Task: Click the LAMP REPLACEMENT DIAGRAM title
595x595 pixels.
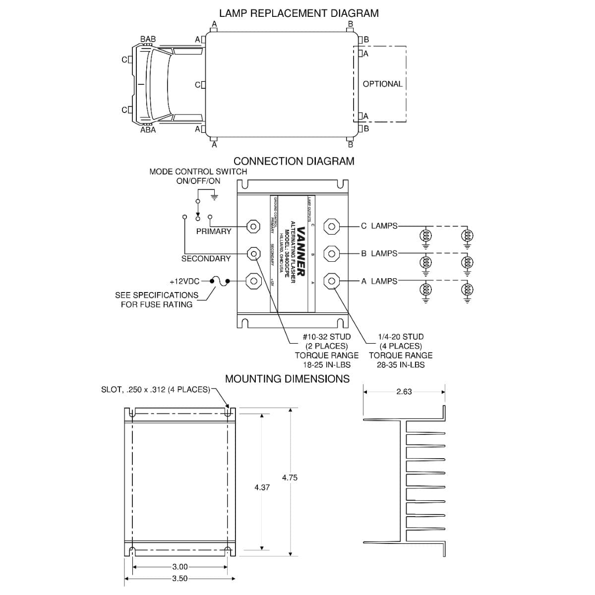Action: tap(299, 13)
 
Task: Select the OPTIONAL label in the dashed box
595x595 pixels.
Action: tap(382, 84)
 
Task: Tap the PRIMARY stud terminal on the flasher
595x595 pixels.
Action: tap(253, 226)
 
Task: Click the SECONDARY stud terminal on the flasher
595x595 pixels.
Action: tap(253, 253)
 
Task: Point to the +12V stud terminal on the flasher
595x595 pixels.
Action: tap(253, 281)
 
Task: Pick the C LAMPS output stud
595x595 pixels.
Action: tap(331, 226)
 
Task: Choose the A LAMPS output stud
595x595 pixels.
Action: tap(331, 281)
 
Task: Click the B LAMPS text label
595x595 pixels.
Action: tap(379, 253)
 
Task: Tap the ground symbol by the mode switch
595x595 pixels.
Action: tap(214, 196)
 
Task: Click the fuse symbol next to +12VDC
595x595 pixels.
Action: tap(220, 281)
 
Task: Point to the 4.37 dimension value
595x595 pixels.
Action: tap(262, 487)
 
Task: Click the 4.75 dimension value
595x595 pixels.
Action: tap(290, 478)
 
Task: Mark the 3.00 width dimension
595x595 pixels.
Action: tap(180, 567)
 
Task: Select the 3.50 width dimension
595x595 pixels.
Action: tap(180, 579)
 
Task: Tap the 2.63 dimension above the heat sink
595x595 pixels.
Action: tap(404, 392)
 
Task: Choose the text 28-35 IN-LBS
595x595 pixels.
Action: tap(401, 365)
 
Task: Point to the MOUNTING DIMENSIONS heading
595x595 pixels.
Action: tap(287, 379)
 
